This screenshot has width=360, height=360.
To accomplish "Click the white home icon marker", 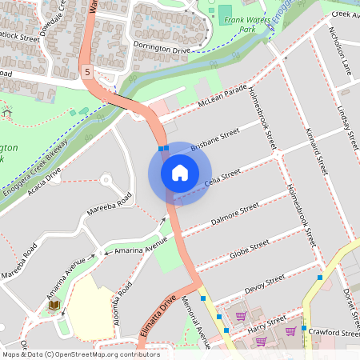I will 179,173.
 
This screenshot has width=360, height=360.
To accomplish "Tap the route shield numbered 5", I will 86,73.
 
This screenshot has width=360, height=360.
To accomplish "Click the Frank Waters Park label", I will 246,24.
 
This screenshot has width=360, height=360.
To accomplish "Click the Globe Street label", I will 249,248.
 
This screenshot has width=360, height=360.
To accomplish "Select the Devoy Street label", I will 264,282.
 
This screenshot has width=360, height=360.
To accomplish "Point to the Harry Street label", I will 266,323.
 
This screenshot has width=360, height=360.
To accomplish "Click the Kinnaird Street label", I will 315,152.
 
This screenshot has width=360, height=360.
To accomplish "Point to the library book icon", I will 54,306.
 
